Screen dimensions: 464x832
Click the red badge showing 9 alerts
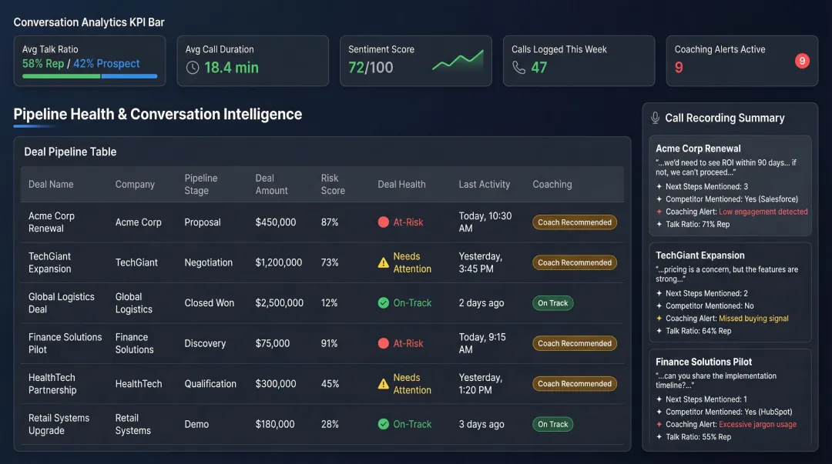tap(802, 61)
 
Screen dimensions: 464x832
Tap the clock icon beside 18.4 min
tap(193, 68)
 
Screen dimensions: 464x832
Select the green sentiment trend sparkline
tap(458, 61)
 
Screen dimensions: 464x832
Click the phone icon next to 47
tap(518, 68)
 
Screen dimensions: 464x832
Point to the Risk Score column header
tap(333, 184)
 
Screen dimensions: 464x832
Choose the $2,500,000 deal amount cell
tap(279, 303)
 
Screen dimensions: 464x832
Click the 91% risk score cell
tap(329, 343)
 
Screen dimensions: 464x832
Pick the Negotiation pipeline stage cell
tap(208, 262)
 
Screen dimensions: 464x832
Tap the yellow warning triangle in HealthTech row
tap(384, 384)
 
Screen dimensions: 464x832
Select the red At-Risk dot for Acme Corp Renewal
tap(384, 222)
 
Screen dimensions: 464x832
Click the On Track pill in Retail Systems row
tap(553, 424)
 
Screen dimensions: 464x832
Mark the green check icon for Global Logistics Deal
tap(384, 303)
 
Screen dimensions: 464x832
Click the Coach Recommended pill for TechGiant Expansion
tap(575, 262)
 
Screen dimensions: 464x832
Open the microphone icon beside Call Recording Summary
tap(656, 118)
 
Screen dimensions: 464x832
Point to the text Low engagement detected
tap(763, 212)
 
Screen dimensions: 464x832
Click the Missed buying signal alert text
tap(753, 319)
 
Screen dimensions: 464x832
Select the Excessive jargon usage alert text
tap(757, 425)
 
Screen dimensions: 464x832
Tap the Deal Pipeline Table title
tap(70, 152)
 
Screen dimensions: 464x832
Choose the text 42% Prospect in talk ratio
tap(106, 64)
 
